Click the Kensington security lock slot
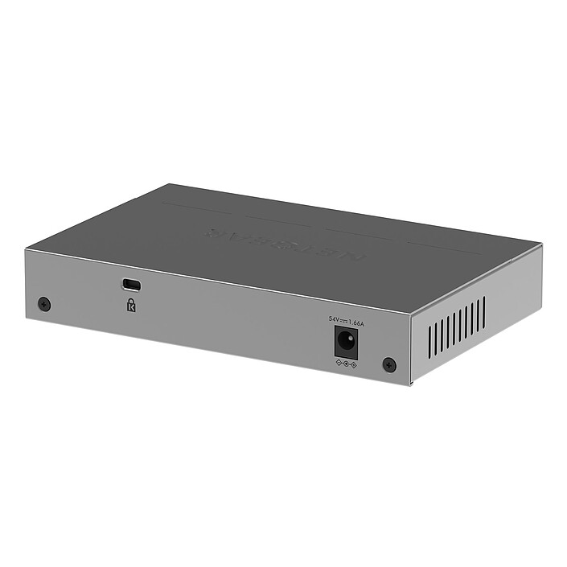(131, 285)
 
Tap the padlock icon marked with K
(130, 305)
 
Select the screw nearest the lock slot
(44, 304)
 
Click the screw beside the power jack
(389, 365)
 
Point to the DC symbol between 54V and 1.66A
(343, 322)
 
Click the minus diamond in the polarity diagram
(339, 364)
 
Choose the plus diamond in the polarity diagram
(353, 366)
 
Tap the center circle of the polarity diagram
(346, 364)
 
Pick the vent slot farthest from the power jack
(483, 313)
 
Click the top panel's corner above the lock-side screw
(25, 250)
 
